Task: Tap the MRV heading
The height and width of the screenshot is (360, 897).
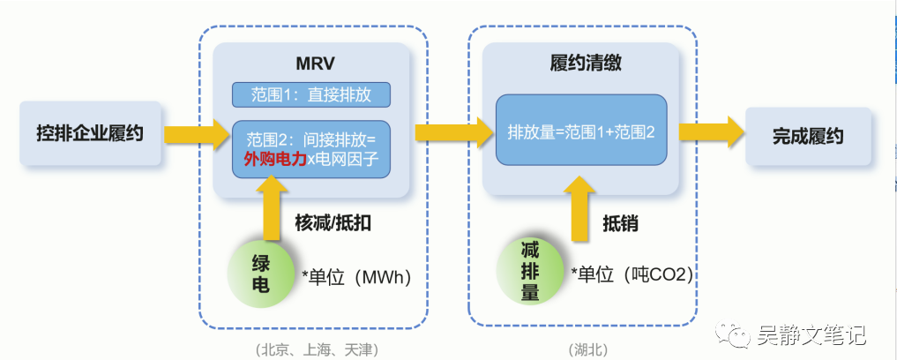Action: click(x=311, y=64)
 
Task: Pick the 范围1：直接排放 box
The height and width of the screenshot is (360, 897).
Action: click(x=310, y=95)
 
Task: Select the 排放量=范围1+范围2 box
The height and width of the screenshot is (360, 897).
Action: click(x=581, y=133)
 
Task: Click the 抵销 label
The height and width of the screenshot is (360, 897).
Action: click(x=620, y=223)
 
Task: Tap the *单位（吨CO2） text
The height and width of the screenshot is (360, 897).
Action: click(x=632, y=274)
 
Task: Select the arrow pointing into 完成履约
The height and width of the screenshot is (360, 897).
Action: click(x=711, y=133)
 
